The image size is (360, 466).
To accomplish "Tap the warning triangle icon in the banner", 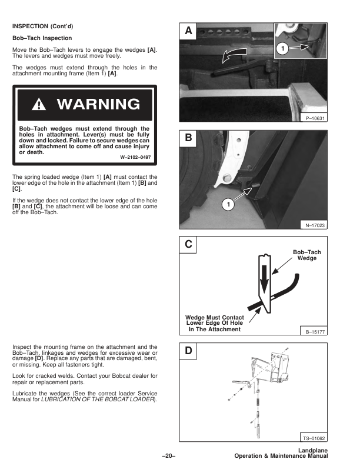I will (39, 105).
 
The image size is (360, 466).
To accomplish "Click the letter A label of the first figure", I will (188, 31).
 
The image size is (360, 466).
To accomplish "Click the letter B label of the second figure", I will (188, 139).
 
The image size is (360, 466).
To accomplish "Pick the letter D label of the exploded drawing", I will (188, 352).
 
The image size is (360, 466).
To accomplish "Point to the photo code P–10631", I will (315, 118).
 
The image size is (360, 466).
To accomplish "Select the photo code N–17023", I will (315, 225).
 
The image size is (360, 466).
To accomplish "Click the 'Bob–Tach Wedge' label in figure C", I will (306, 255).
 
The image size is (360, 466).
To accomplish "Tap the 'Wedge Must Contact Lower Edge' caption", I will (214, 323).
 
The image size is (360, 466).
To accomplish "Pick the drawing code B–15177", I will (315, 332).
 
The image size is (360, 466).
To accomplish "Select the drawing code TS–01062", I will (314, 438).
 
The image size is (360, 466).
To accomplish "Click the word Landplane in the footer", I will (312, 451).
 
